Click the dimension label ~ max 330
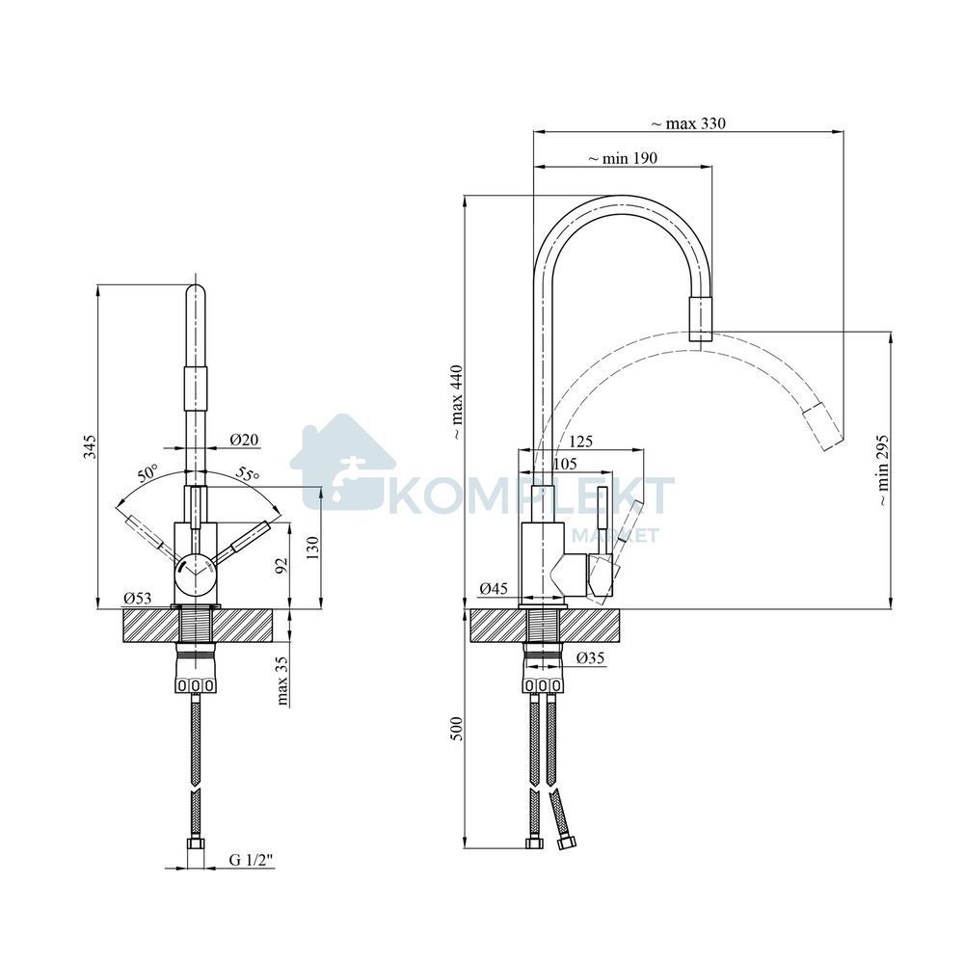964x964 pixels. coord(688,123)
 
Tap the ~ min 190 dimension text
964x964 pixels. coord(623,159)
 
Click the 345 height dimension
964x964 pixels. coord(91,447)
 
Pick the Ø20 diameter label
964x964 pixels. coord(245,440)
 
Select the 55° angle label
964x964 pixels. coord(248,474)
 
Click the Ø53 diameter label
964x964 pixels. coord(137,598)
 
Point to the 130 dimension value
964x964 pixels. coord(313,548)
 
